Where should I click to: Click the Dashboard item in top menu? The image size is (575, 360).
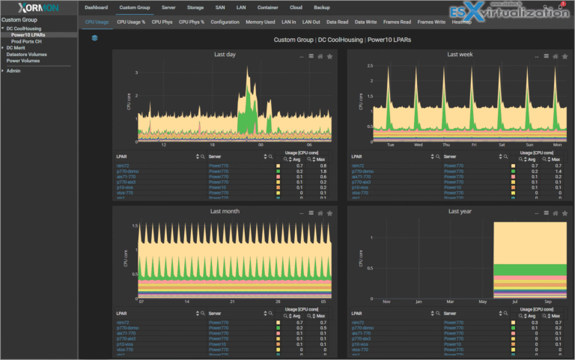click(96, 7)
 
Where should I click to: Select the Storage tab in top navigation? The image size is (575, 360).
click(195, 7)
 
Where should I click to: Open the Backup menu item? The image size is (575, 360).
click(322, 7)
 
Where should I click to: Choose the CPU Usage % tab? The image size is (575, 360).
click(131, 22)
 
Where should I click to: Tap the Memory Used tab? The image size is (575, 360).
click(260, 22)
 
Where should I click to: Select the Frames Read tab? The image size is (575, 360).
click(398, 22)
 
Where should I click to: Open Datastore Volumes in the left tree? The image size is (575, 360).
click(27, 55)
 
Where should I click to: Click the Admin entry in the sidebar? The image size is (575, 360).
click(13, 70)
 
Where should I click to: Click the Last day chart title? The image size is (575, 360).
click(224, 55)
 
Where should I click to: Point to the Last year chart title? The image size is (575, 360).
click(458, 212)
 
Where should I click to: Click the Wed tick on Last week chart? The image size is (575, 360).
click(419, 144)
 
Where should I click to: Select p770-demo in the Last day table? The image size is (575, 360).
click(127, 171)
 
